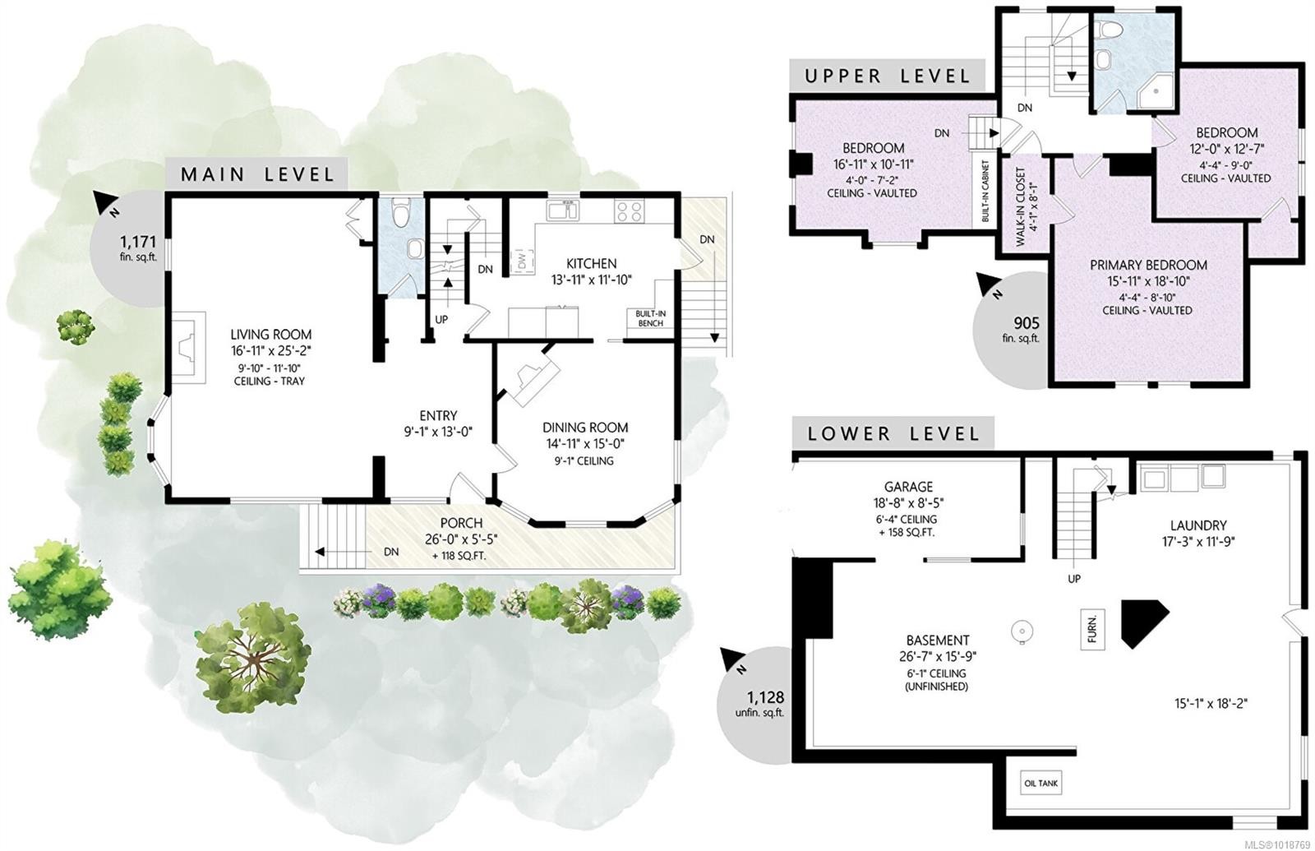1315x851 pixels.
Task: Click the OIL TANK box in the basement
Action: point(1041,784)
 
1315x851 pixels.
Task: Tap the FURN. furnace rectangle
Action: point(1092,629)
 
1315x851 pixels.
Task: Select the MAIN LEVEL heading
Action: point(257,174)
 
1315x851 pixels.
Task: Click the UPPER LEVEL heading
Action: point(887,76)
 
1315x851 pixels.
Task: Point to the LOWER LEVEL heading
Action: point(893,433)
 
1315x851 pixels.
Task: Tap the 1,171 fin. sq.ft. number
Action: point(137,242)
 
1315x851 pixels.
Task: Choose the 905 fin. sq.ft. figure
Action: point(1027,323)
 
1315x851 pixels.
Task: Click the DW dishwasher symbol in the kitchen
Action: point(521,261)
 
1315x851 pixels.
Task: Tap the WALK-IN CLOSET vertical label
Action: point(1020,207)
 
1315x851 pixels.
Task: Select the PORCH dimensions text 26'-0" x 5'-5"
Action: point(460,539)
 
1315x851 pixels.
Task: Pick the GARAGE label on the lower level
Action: point(908,487)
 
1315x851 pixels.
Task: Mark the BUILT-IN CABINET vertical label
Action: point(985,191)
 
